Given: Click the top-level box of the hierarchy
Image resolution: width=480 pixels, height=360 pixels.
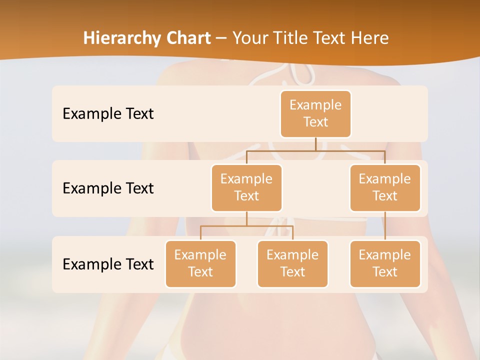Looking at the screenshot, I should click(x=315, y=113).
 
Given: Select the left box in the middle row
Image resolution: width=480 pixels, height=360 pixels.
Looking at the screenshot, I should click(x=246, y=187).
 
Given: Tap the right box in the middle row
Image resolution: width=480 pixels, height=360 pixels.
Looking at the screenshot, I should click(x=385, y=187).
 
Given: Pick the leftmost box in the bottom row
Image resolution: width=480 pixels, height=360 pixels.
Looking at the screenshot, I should click(x=200, y=263).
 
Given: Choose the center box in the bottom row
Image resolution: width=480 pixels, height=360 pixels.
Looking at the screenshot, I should click(x=292, y=263).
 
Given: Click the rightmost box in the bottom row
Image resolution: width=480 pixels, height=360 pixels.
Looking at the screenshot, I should click(x=385, y=263).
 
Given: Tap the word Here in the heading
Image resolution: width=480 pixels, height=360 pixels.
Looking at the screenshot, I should click(x=369, y=38).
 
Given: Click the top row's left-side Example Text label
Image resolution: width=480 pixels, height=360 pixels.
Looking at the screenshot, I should click(x=108, y=114).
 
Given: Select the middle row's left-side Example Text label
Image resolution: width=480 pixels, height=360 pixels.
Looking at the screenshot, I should click(x=108, y=188).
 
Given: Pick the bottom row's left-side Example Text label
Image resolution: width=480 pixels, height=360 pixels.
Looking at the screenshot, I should click(x=108, y=264).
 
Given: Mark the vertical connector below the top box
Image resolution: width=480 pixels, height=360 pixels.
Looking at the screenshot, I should click(x=315, y=144).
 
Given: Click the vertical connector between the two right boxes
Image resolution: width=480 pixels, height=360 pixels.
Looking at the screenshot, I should click(x=385, y=226).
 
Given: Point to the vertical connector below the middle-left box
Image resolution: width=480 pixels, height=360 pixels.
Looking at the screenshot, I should click(x=246, y=218).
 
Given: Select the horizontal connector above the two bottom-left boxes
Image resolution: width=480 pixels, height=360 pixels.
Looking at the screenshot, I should click(x=246, y=226).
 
